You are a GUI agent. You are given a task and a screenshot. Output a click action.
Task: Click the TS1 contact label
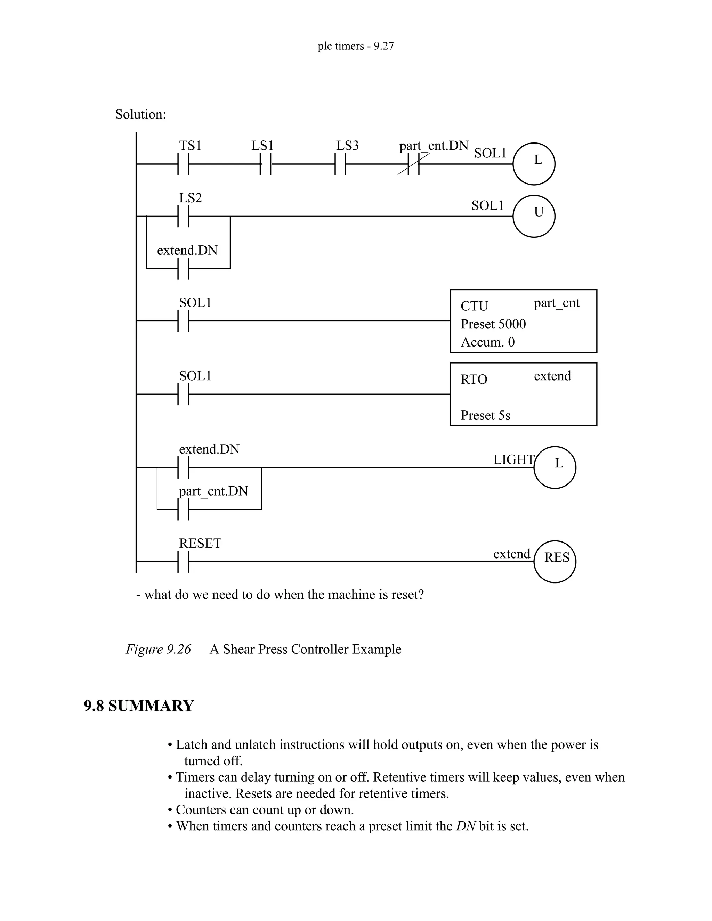click(x=190, y=146)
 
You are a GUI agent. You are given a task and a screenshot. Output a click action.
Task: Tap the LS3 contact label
click(x=347, y=146)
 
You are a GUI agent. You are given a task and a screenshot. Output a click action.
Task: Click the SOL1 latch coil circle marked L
click(x=534, y=164)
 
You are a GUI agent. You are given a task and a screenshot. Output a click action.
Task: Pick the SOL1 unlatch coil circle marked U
click(x=534, y=216)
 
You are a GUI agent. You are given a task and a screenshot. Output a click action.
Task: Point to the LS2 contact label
click(x=190, y=198)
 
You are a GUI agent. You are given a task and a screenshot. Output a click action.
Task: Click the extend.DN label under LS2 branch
click(x=187, y=251)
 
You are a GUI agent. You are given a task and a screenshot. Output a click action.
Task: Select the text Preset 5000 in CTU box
click(x=493, y=324)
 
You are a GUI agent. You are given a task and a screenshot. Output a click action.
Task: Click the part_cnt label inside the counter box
click(x=556, y=303)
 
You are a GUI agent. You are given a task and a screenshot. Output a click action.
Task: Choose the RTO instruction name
click(x=474, y=379)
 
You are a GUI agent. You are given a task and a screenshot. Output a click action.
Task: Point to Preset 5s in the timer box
click(x=485, y=415)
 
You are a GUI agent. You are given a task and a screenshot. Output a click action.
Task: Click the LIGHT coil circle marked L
click(x=555, y=467)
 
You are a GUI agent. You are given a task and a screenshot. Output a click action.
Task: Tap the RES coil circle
click(x=555, y=561)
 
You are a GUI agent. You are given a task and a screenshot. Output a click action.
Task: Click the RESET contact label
click(x=200, y=543)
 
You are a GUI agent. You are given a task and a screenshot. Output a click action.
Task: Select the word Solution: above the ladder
click(x=140, y=114)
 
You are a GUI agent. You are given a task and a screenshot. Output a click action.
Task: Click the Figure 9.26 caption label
click(x=158, y=649)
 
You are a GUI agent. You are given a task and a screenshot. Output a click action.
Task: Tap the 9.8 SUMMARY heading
click(x=139, y=706)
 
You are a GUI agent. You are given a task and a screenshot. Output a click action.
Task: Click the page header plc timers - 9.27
click(x=356, y=46)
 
